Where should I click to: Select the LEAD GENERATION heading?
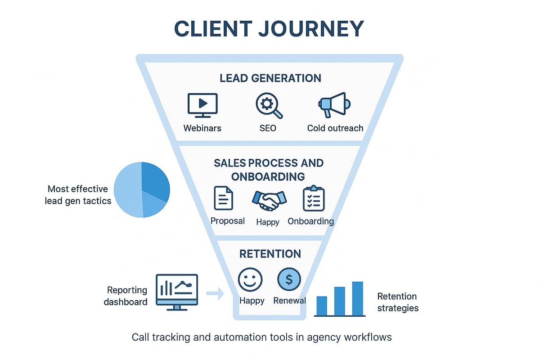(x=270, y=78)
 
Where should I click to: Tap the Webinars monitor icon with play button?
(x=202, y=104)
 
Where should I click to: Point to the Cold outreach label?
(x=335, y=128)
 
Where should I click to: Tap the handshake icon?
(x=269, y=200)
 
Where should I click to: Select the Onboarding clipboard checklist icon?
(x=314, y=198)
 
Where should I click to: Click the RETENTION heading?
(x=270, y=254)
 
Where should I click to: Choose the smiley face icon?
(x=250, y=279)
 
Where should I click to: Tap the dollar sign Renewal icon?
(x=289, y=279)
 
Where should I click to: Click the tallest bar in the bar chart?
(x=357, y=298)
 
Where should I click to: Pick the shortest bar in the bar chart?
(x=322, y=306)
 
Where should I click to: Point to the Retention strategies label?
(x=397, y=302)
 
